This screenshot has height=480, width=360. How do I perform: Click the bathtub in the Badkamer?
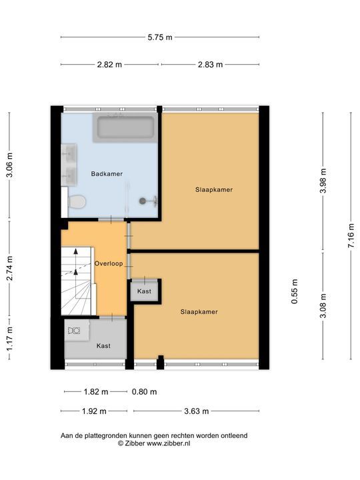tap(125, 128)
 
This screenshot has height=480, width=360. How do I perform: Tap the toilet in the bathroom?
tap(77, 201)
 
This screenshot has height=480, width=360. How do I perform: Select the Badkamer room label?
tap(107, 174)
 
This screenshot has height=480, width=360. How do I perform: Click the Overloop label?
tap(109, 263)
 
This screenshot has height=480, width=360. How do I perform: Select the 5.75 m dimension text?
tap(160, 37)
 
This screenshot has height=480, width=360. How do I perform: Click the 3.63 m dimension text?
tap(196, 411)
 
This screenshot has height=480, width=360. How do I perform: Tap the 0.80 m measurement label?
tap(144, 391)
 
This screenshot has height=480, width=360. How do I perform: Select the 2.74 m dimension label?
tap(9, 269)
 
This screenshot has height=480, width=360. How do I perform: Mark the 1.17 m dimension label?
tap(9, 338)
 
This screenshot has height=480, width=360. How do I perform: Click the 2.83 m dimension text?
tap(210, 65)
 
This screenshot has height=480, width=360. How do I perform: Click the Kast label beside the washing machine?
tap(103, 346)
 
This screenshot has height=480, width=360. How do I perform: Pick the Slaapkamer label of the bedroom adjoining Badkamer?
tap(214, 189)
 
